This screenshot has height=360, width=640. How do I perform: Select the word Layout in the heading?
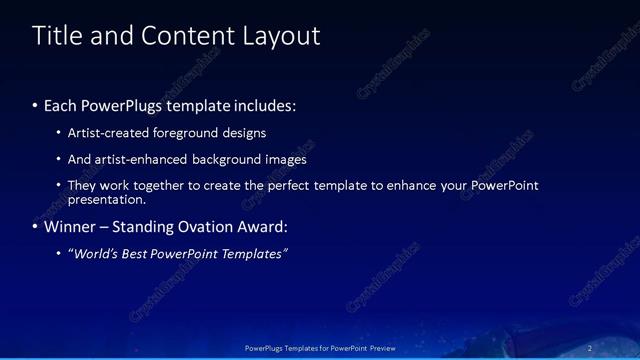281,36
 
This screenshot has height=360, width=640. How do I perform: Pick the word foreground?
186,132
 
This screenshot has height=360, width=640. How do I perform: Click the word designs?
245,132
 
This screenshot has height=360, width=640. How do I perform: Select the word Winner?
70,226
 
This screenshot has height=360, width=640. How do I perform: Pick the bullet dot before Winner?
36,227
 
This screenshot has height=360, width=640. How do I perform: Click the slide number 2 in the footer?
590,348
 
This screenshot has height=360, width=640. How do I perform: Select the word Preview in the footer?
379,348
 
